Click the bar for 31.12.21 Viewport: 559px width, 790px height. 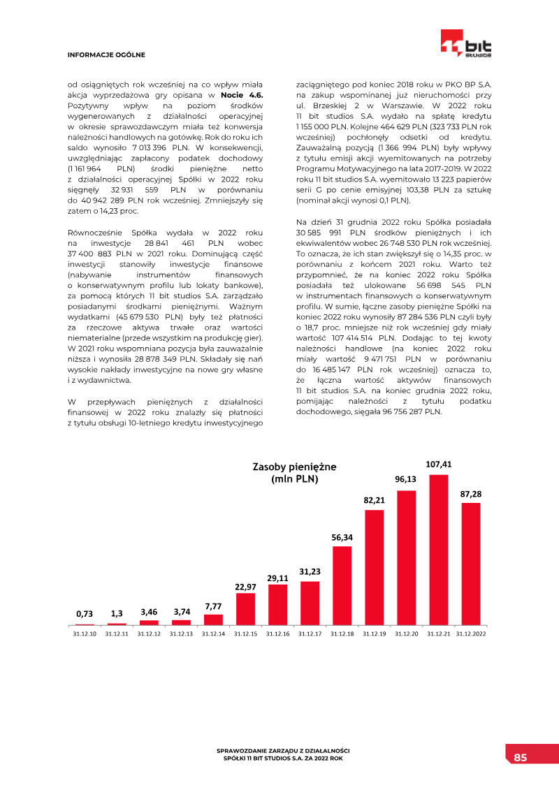point(439,550)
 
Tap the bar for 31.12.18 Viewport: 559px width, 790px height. point(342,585)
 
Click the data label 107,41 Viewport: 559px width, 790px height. point(439,464)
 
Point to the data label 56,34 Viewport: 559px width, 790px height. point(342,537)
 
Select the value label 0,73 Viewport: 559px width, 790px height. point(85,613)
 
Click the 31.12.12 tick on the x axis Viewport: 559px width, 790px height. point(149,634)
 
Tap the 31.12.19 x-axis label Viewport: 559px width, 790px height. point(375,634)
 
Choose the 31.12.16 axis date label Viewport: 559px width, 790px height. point(277,634)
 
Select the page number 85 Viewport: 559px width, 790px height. point(521,758)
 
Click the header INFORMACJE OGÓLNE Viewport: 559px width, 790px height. point(106,54)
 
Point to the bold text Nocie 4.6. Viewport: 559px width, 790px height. point(241,94)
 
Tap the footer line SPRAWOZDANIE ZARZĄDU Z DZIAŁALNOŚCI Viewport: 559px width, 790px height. point(283,751)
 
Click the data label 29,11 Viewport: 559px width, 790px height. point(277,578)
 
